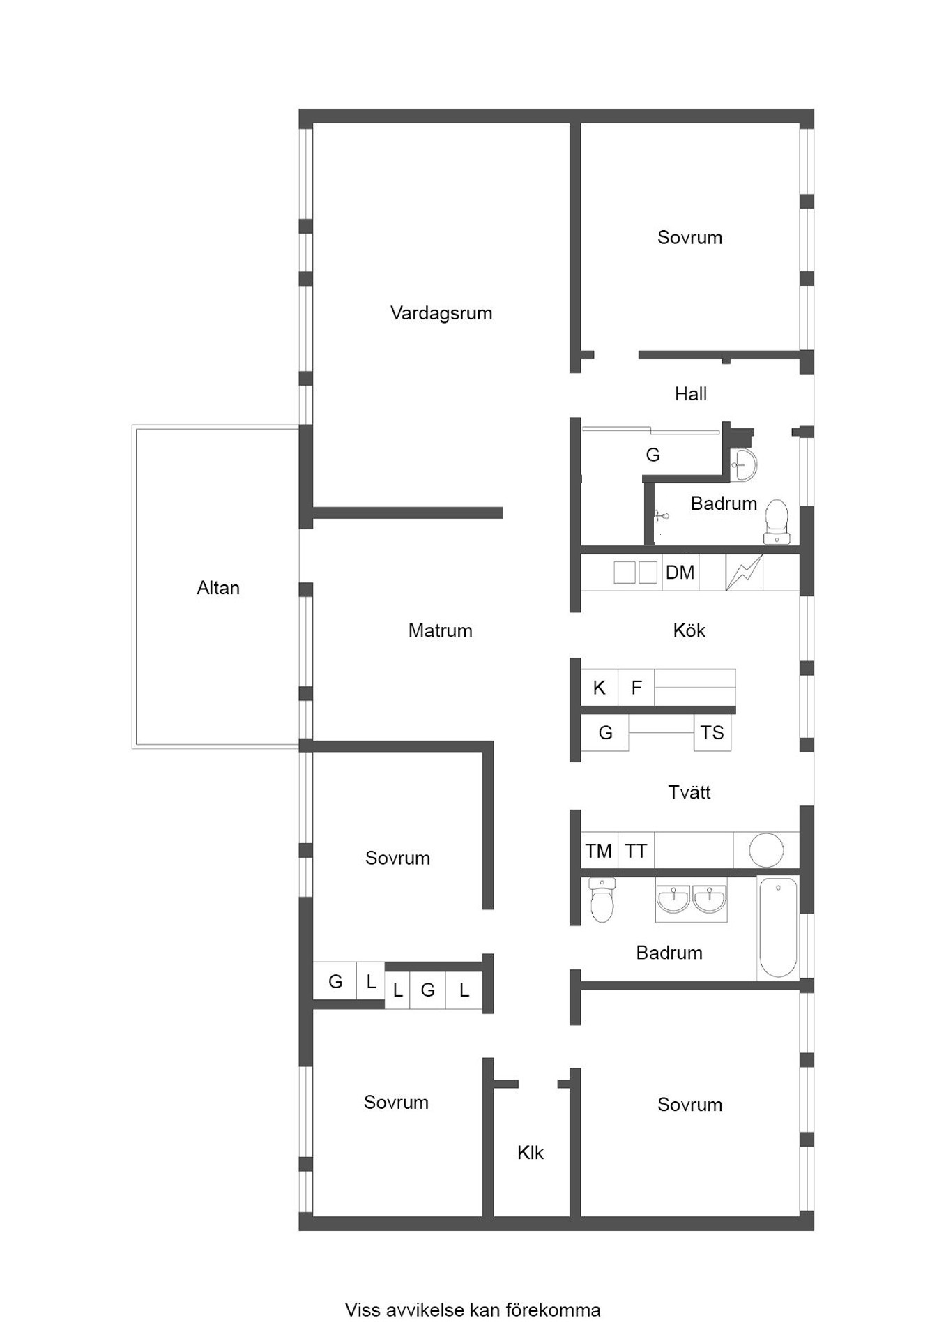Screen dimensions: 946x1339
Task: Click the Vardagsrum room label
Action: (441, 313)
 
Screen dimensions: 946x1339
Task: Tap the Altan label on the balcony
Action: (218, 588)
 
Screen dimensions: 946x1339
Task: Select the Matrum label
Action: (441, 630)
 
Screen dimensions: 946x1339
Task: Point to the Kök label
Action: (689, 630)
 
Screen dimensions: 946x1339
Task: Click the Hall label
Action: (691, 394)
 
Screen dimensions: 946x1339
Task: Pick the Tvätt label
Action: (689, 792)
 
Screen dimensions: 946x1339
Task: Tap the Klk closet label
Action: (531, 1153)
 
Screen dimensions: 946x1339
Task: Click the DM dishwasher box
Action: (680, 573)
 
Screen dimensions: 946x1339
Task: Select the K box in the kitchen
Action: (600, 688)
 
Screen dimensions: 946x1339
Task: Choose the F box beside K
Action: (636, 688)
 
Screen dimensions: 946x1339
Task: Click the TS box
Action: (712, 732)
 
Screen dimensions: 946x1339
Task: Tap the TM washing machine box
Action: (599, 850)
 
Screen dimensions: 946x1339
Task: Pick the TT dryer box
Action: (636, 850)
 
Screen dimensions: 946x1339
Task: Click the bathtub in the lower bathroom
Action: (778, 928)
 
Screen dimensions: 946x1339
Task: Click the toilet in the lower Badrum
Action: (602, 900)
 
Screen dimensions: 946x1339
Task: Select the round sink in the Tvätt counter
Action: (766, 850)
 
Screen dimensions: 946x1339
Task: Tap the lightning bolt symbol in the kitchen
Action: (745, 573)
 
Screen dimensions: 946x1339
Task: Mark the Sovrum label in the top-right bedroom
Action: (689, 237)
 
